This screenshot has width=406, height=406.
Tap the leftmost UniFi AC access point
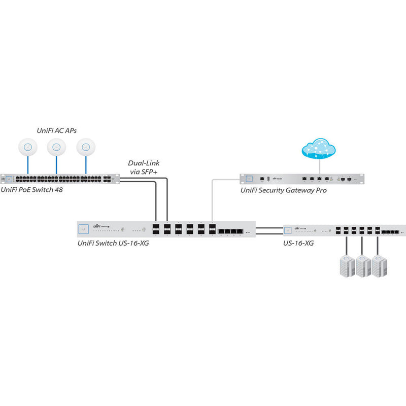click(27, 147)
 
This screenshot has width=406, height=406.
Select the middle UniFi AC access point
click(56, 147)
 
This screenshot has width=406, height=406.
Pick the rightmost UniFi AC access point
click(86, 147)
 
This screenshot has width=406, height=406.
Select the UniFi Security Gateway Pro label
click(283, 190)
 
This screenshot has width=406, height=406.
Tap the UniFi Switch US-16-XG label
click(113, 243)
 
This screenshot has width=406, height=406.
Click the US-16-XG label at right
click(298, 243)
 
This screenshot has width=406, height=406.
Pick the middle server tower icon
click(362, 265)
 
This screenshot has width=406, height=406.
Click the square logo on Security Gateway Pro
click(249, 179)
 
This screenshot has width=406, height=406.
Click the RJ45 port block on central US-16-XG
click(231, 231)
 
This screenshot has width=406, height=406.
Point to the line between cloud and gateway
click(319, 166)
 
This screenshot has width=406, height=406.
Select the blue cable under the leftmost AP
click(27, 165)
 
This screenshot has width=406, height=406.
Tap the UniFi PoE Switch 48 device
click(58, 179)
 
